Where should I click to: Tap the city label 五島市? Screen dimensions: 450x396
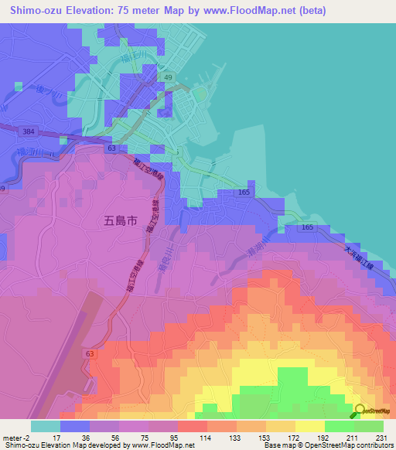click(121, 220)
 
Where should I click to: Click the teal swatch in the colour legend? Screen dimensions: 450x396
click(46, 426)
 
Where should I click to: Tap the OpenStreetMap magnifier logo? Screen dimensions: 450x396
click(360, 411)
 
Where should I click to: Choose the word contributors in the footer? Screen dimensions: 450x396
click(373, 446)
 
